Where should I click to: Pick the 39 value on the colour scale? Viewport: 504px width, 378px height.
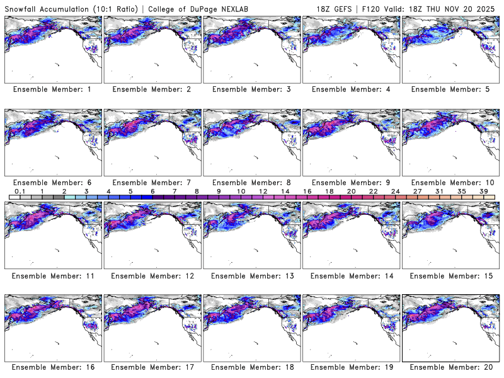pos(484,191)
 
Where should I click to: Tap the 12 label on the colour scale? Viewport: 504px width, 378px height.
pos(263,191)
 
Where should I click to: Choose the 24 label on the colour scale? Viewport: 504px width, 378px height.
pos(396,191)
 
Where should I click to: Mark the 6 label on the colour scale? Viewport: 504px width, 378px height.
pos(152,191)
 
